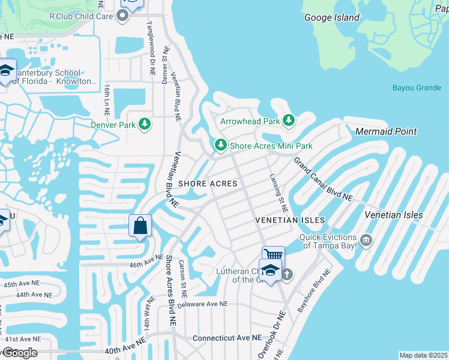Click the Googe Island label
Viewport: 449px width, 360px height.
332,17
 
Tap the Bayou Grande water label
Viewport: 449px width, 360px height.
417,88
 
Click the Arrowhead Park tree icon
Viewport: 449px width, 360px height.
289,121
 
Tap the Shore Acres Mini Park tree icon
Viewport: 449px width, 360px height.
221,146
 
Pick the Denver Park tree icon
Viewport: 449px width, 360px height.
144,125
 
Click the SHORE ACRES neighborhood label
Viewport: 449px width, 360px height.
207,183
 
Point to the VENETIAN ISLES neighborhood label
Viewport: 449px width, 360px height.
289,221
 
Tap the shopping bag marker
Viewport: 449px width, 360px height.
140,226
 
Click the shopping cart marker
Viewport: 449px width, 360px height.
272,254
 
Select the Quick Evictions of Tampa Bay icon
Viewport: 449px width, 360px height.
366,241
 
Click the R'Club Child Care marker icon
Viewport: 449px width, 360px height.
122,16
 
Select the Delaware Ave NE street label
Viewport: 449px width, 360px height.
202,304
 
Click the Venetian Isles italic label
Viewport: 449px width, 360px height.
393,215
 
